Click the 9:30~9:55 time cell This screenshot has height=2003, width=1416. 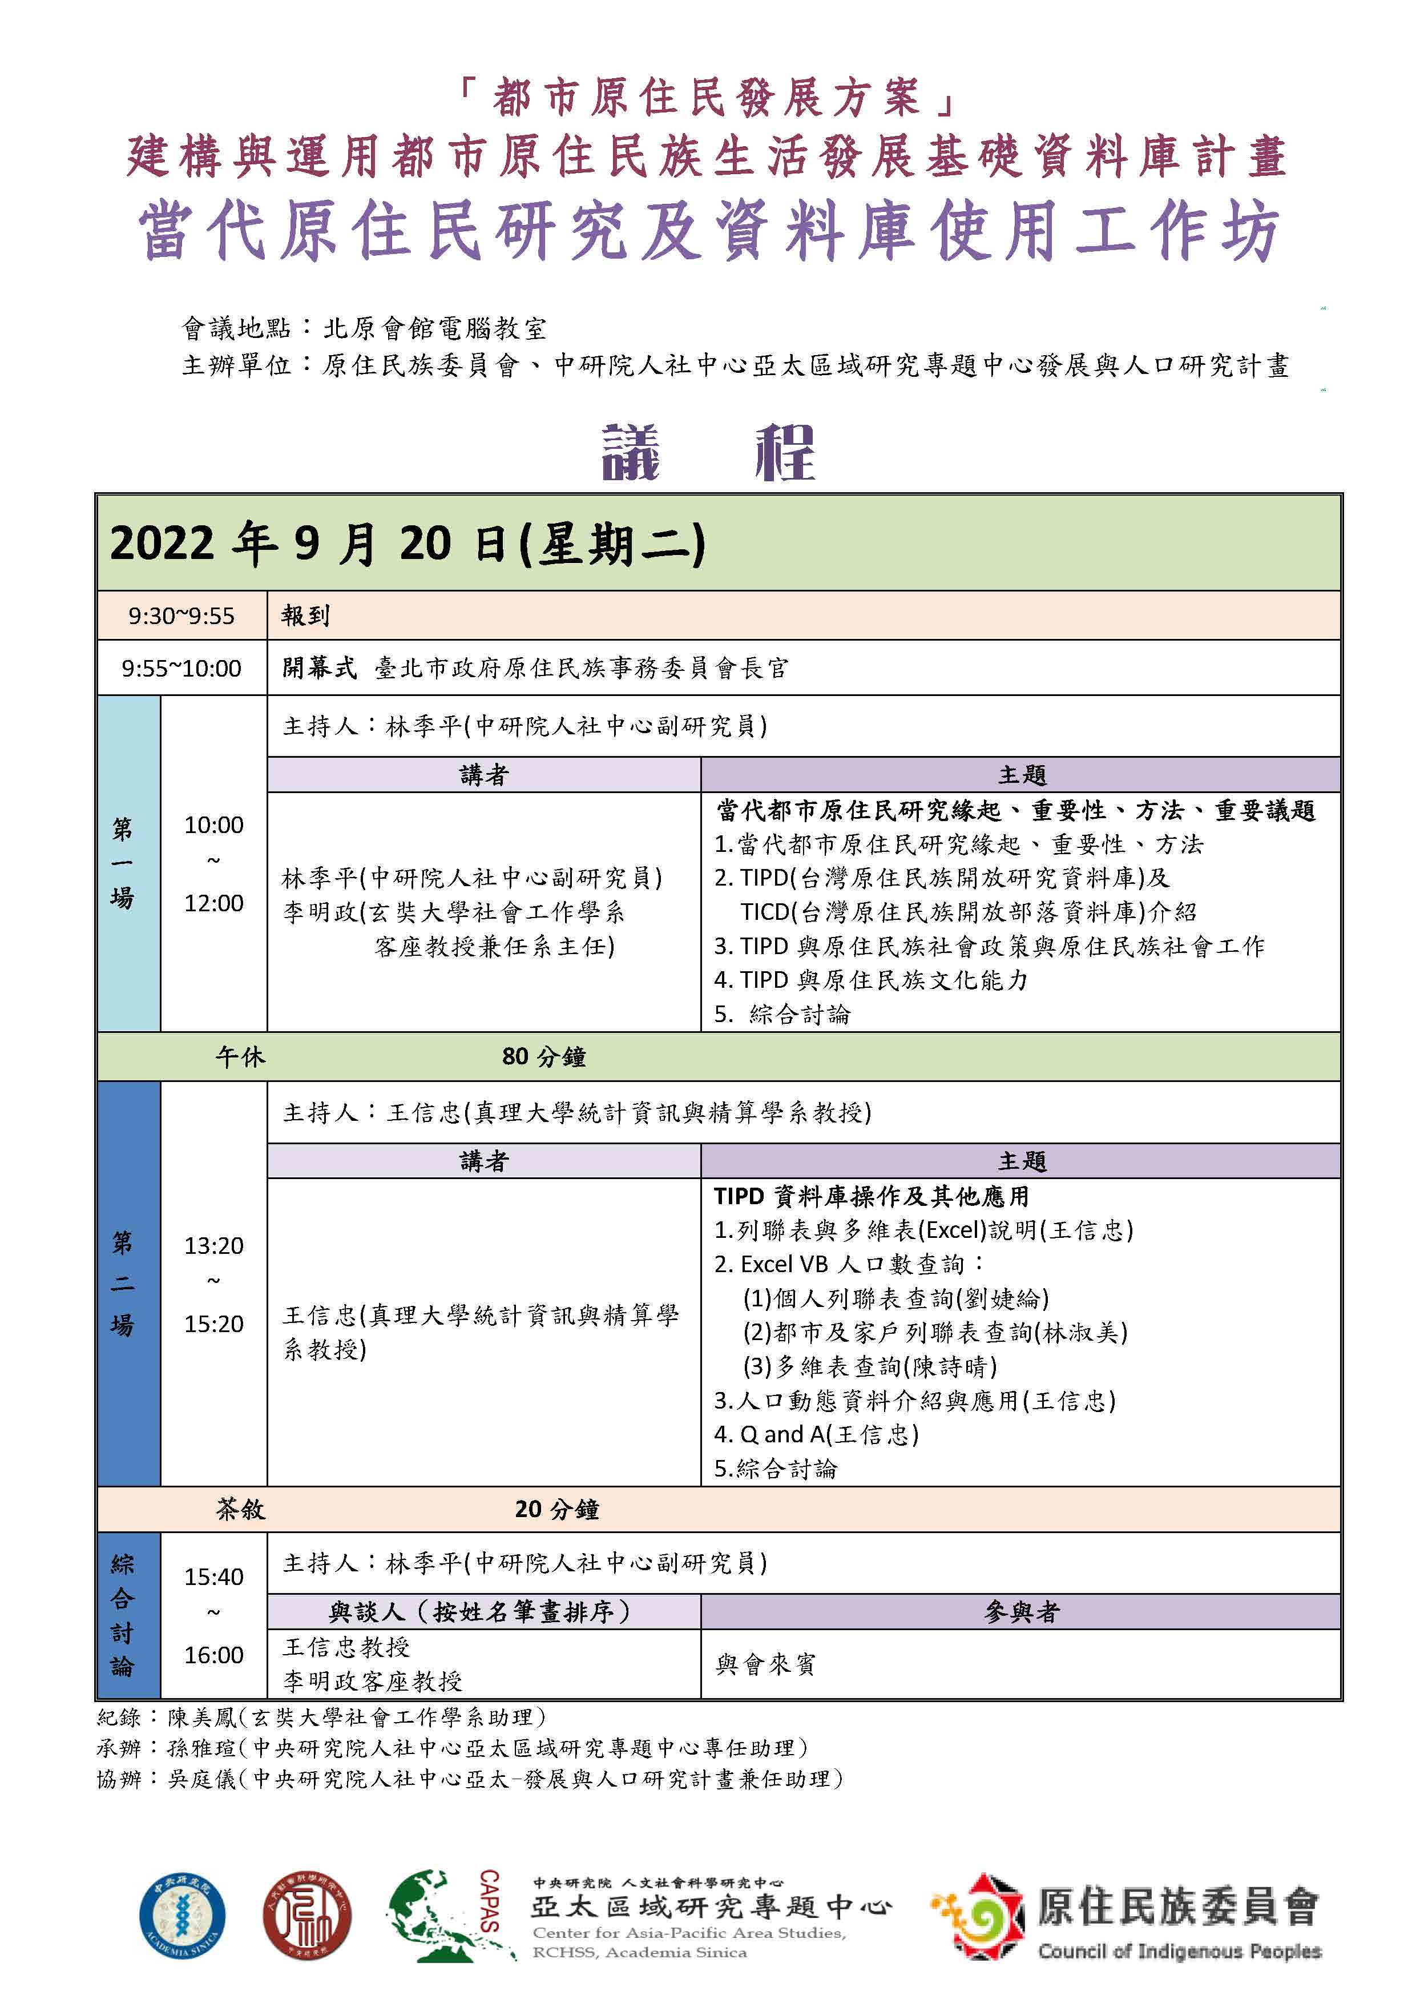click(181, 616)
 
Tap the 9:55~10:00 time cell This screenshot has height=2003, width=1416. click(181, 668)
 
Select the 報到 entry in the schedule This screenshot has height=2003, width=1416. click(305, 616)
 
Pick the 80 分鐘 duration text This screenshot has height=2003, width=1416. click(543, 1057)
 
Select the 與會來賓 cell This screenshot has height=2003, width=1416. click(765, 1664)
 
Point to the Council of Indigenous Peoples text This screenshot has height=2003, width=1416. click(1179, 1952)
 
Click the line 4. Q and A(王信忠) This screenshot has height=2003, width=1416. click(816, 1435)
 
